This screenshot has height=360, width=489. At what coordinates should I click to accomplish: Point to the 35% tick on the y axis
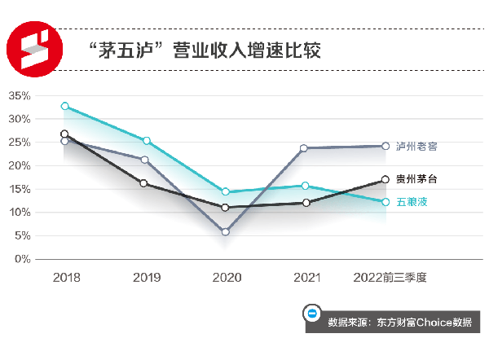coord(19,96)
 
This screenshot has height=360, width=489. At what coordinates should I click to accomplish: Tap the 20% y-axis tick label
coord(19,166)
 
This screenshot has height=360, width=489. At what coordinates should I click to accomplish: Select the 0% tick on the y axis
coord(22,260)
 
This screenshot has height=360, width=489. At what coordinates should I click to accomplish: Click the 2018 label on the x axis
coord(66,278)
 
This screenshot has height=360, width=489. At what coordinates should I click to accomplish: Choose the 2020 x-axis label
coord(226,278)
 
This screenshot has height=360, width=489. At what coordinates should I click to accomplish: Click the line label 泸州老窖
coord(416,147)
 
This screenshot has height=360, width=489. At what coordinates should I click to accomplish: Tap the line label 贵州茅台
coord(416,179)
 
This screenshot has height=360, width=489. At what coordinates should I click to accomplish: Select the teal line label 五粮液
coord(412,202)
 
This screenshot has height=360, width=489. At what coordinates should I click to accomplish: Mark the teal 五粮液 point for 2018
coord(65,106)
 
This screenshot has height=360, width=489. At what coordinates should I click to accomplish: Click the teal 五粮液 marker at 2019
coord(146,141)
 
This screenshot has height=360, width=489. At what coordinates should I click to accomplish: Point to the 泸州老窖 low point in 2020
coord(226,232)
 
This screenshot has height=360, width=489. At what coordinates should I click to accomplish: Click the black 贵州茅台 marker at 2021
coord(306,203)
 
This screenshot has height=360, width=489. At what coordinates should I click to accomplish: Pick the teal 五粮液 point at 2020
coord(226,192)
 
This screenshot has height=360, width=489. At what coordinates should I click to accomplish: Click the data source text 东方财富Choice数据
coord(399,322)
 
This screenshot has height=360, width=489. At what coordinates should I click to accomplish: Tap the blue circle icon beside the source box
coord(311,314)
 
